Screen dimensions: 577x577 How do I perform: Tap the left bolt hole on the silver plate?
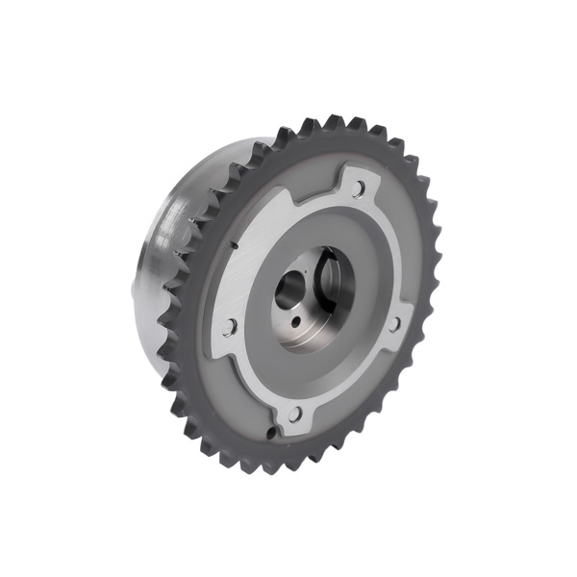pyautogui.click(x=229, y=327)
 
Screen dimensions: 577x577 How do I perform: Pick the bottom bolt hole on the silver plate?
pyautogui.click(x=295, y=414)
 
